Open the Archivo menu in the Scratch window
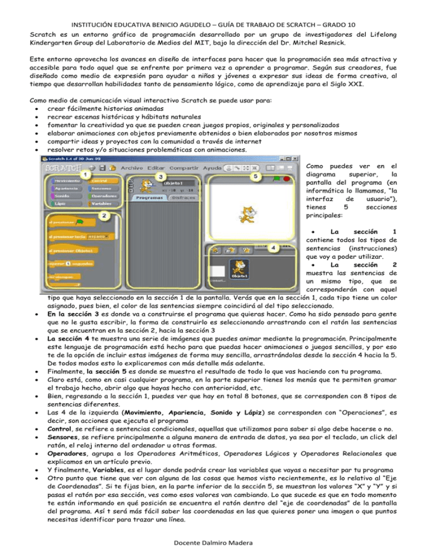coord(132,168)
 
